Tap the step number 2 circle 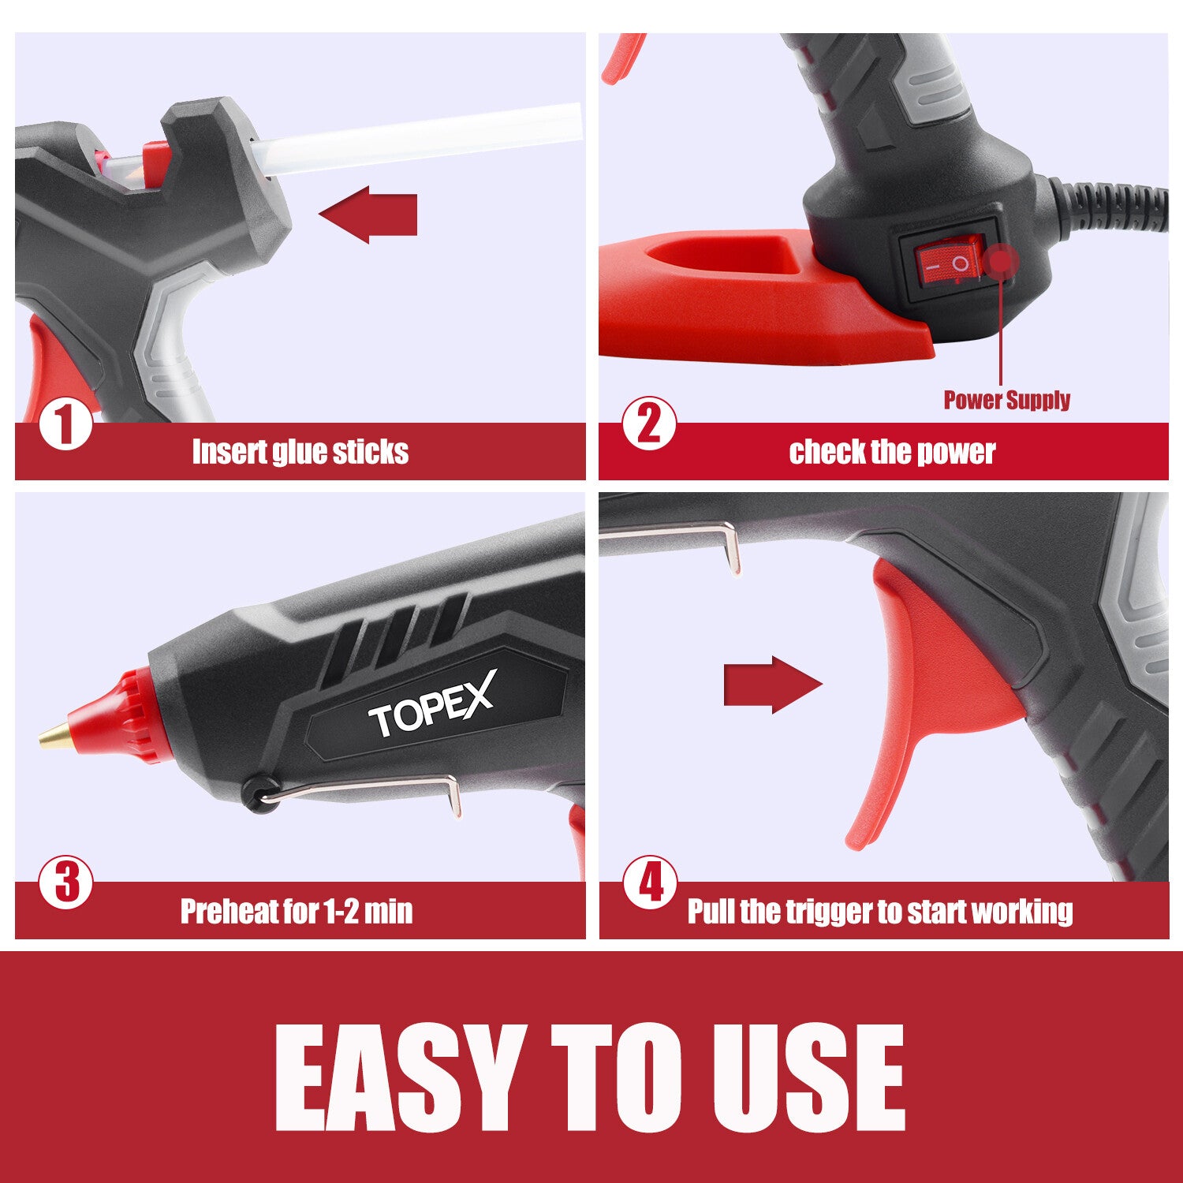point(649,424)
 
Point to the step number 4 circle point(650,883)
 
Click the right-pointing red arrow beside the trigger point(772,685)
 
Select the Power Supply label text point(1006,400)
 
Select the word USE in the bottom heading point(808,1079)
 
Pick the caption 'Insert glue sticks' point(300,452)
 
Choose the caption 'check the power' point(891,452)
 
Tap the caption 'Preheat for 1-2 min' point(297,911)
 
